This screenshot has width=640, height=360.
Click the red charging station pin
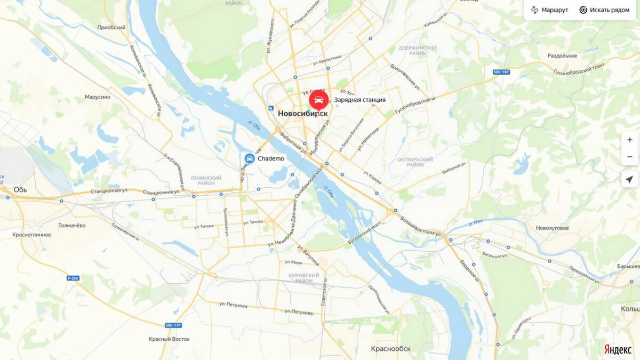coord(318,100)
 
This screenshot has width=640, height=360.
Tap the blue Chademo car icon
coord(249,158)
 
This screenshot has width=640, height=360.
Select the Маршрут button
coord(550,10)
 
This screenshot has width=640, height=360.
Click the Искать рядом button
coord(604,10)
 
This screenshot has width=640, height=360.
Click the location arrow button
coord(629,179)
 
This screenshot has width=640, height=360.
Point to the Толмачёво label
coord(71,226)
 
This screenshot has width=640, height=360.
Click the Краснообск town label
coord(391,348)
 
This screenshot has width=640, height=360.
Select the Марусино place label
coord(97,97)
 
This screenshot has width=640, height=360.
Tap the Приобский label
coord(111,27)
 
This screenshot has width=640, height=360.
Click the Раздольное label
coord(562,55)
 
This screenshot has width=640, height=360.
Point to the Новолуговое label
coord(552,228)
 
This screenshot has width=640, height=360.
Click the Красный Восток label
coord(169,339)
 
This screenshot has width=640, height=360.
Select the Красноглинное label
coord(31,235)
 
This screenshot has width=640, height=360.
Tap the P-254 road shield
coord(73,278)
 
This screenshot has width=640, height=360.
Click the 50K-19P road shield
coord(501,71)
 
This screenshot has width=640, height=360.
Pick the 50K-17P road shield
coord(173,325)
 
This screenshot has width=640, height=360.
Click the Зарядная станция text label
coord(359,100)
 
